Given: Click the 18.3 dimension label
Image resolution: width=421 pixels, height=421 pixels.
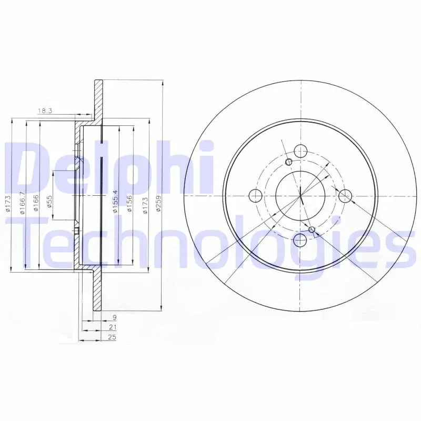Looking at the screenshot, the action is click(x=45, y=111).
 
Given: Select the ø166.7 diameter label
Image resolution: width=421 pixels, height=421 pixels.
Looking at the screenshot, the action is click(x=23, y=203).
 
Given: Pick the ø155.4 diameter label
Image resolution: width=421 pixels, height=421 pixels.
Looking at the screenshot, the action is click(x=115, y=201).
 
